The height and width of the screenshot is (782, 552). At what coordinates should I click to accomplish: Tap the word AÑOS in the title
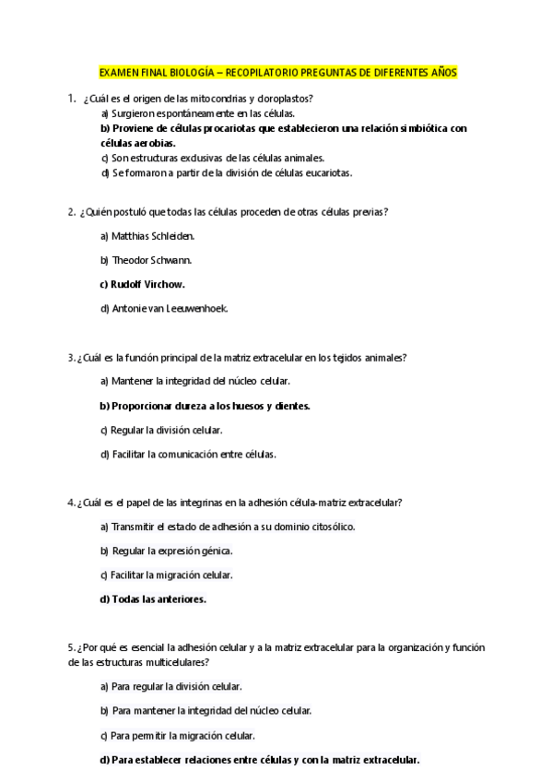[440, 72]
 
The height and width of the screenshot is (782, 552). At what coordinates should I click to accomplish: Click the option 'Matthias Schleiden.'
[147, 236]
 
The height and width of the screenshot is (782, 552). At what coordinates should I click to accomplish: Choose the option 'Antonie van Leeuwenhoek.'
[164, 308]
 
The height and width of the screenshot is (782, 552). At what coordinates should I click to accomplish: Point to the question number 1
[71, 98]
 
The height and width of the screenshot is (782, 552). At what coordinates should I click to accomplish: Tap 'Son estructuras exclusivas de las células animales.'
[212, 158]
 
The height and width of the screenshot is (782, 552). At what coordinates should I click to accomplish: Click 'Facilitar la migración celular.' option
[167, 575]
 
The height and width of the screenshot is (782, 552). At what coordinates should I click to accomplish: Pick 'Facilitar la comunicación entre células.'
[188, 454]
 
